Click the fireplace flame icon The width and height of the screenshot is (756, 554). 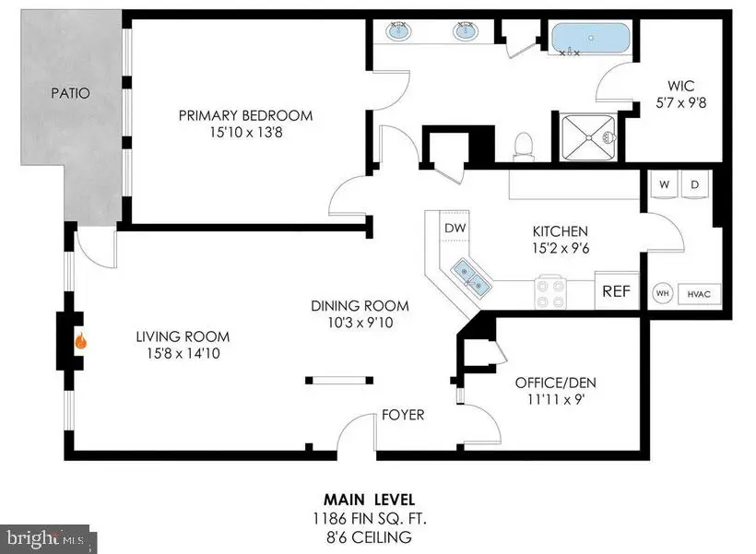pos(81,341)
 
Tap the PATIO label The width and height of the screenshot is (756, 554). pos(70,93)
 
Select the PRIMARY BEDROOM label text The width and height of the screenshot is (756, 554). pos(245,116)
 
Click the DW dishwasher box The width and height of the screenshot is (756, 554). pos(455,228)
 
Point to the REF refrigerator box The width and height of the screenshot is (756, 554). pos(616,291)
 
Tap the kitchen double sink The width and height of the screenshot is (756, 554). pos(470,274)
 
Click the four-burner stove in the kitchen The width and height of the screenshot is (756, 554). pos(551,293)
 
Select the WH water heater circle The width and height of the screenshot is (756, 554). pos(662,293)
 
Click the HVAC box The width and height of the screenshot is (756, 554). pos(698,294)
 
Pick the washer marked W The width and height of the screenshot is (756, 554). pos(664,184)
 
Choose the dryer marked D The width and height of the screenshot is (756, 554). pos(694,184)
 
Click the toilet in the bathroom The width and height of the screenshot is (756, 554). pos(524,146)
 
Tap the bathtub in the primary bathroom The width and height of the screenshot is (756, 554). pos(591,40)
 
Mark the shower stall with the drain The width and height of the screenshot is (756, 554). pos(589,138)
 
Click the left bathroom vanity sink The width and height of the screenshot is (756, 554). pos(399,32)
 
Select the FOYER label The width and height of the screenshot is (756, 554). pos(403,415)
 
